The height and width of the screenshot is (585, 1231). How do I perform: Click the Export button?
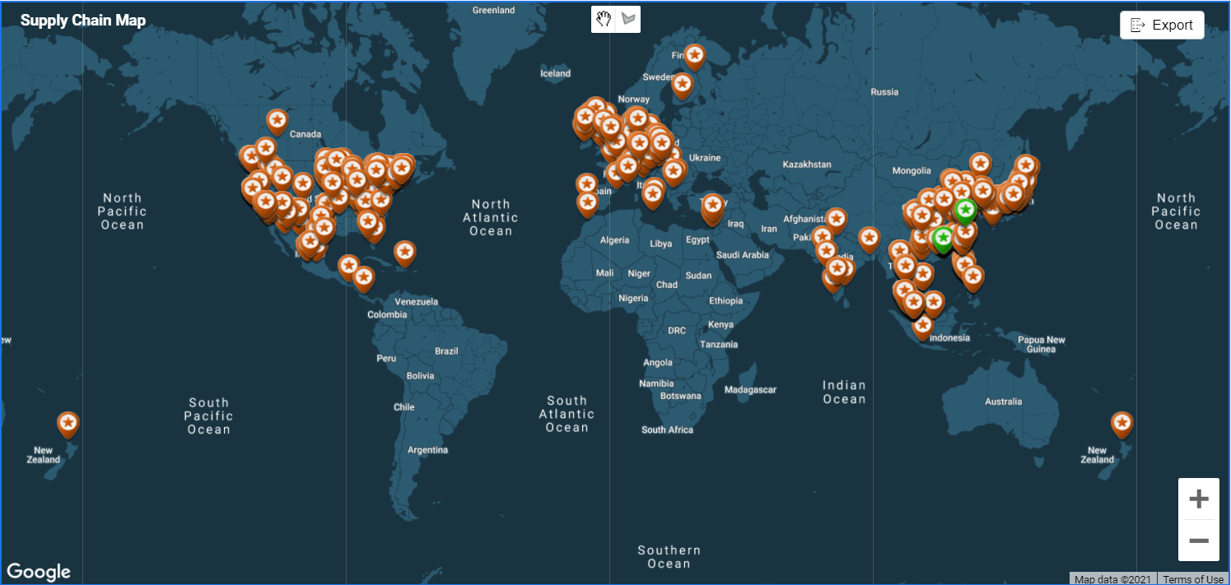tap(1162, 25)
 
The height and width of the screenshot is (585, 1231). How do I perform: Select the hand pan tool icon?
tap(604, 19)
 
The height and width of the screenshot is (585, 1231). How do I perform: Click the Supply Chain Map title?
tap(83, 21)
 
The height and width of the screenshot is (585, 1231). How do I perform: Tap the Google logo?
tap(39, 571)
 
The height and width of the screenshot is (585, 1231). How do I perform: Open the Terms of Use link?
tap(1193, 579)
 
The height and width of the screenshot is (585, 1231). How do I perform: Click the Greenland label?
tap(493, 11)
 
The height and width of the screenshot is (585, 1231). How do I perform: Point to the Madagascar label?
tap(750, 390)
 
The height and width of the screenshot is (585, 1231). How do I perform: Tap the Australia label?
tap(1003, 402)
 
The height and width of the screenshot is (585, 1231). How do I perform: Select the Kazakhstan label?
tap(806, 165)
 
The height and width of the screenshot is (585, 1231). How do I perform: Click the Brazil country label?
tap(446, 351)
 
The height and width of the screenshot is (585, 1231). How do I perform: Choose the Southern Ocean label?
tap(669, 557)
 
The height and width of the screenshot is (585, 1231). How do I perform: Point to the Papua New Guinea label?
tap(1042, 344)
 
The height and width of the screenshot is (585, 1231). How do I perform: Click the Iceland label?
tap(555, 73)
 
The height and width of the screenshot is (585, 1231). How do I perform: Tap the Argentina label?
tap(428, 450)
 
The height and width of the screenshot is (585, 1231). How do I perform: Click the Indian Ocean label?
tap(844, 392)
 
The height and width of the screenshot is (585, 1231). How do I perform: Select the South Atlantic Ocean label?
tap(567, 414)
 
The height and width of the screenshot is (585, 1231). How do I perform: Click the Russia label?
tap(884, 92)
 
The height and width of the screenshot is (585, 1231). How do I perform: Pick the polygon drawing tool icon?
tap(629, 19)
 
